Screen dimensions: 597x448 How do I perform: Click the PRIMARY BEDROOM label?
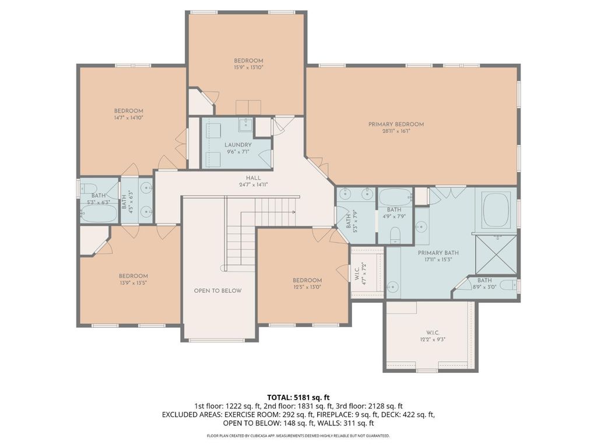pos(396,124)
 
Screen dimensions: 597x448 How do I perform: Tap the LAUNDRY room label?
pos(238,145)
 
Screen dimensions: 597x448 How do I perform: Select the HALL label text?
pos(253,178)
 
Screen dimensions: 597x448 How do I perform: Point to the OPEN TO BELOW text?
pos(218,290)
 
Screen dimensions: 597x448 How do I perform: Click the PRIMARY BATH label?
pos(438,253)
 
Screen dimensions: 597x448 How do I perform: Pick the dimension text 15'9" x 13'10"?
pos(248,68)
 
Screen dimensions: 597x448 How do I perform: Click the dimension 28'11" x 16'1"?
pos(396,131)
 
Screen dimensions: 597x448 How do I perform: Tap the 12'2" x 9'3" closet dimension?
pos(433,339)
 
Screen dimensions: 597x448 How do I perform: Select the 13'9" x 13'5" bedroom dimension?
pos(134,283)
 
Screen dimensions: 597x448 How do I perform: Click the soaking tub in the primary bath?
pos(496,211)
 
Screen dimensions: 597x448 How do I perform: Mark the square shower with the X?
pos(496,254)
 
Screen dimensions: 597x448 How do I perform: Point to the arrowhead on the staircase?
pos(294,212)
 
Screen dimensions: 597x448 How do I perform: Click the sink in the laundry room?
pos(246,124)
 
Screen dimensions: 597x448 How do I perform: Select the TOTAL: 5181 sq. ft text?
pos(298,398)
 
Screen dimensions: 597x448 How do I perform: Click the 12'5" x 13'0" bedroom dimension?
pos(307,287)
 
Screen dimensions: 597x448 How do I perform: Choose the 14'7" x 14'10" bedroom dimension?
pos(129,118)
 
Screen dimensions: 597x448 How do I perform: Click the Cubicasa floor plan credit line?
pos(298,435)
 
